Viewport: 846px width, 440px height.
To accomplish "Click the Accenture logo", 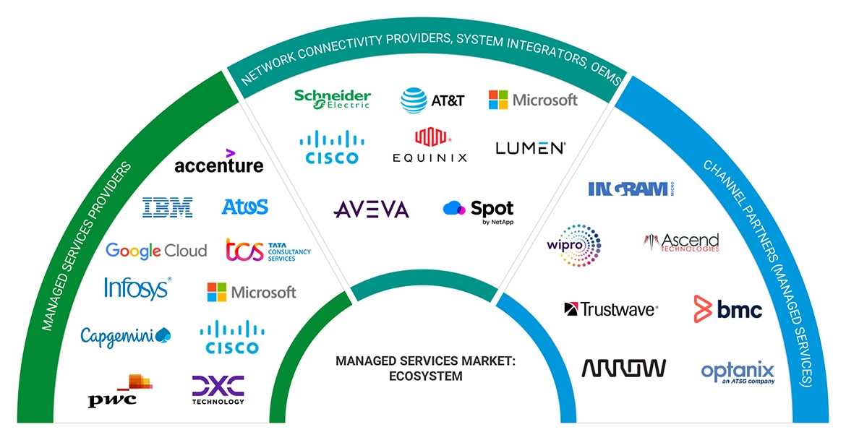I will pos(218,163).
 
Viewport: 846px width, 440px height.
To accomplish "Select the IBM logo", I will pos(167,207).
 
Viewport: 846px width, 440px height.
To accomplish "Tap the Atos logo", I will pos(244,207).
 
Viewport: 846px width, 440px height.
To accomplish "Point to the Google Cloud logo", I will pos(156,251).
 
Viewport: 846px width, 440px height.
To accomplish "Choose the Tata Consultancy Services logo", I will pos(268,250).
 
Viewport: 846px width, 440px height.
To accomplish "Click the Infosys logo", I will pos(137,288).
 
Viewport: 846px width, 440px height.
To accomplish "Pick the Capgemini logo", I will pos(125,336).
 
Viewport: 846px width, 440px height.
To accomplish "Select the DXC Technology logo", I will pos(218,389).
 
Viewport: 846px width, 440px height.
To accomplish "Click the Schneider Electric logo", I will pos(332,99).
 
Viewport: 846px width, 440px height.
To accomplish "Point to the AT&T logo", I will pos(432,100).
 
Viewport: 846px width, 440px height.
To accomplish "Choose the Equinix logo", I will pos(430,145).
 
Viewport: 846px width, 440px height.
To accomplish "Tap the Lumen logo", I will pos(530,148).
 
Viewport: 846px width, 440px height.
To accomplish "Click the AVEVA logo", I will pos(371,210).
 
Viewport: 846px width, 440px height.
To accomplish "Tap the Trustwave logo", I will pos(610,309).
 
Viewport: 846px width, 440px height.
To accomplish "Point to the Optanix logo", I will pos(738,372).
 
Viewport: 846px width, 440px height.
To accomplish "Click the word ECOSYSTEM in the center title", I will pos(422,376).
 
